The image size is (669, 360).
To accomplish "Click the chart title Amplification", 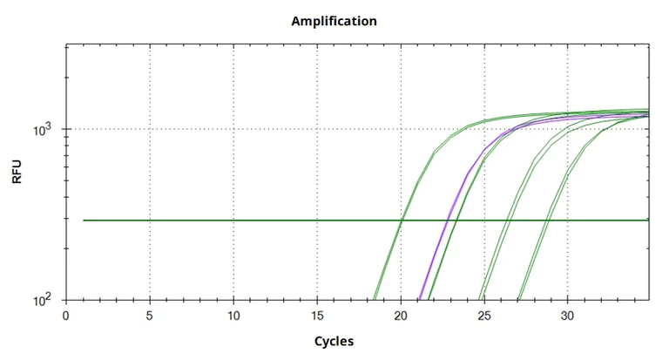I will click(334, 21).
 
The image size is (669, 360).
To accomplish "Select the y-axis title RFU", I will click(17, 173).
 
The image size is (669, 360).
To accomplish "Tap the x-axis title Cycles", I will click(334, 341).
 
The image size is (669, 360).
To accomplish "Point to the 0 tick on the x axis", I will click(66, 315).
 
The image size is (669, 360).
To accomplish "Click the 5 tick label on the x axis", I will click(150, 315).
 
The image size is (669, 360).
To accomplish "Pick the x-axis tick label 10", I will click(233, 315).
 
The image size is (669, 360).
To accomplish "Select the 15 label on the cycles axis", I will click(317, 315).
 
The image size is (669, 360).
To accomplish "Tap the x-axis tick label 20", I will click(401, 315).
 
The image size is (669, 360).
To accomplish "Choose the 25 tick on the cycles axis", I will click(484, 315).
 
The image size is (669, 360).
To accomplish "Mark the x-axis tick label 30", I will click(568, 315).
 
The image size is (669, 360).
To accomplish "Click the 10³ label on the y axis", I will click(45, 129).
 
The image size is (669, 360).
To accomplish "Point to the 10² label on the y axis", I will click(45, 300).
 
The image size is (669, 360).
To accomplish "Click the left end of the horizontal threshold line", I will click(84, 221).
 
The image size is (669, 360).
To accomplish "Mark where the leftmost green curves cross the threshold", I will click(402, 221).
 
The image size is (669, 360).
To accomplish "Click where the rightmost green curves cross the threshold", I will click(547, 221).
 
